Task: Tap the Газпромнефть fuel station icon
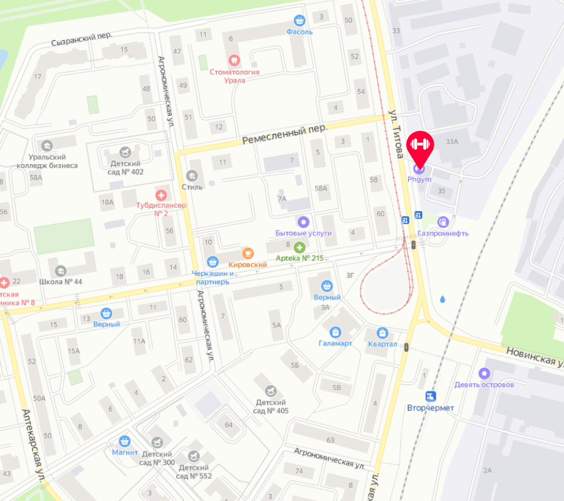[x=443, y=221]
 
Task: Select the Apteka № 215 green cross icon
[x=300, y=247]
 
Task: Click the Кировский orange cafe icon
[x=248, y=253]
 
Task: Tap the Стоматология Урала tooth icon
[x=234, y=60]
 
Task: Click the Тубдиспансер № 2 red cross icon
[x=161, y=196]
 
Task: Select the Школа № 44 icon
[x=60, y=271]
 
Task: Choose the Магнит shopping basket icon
[x=125, y=441]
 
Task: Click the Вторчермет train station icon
[x=430, y=396]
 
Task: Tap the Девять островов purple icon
[x=484, y=373]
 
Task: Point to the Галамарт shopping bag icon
[x=335, y=332]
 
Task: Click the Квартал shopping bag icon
[x=382, y=333]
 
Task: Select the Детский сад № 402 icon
[x=126, y=152]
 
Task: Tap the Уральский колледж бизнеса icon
[x=46, y=145]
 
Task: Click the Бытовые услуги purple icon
[x=303, y=222]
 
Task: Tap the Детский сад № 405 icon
[x=271, y=391]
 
